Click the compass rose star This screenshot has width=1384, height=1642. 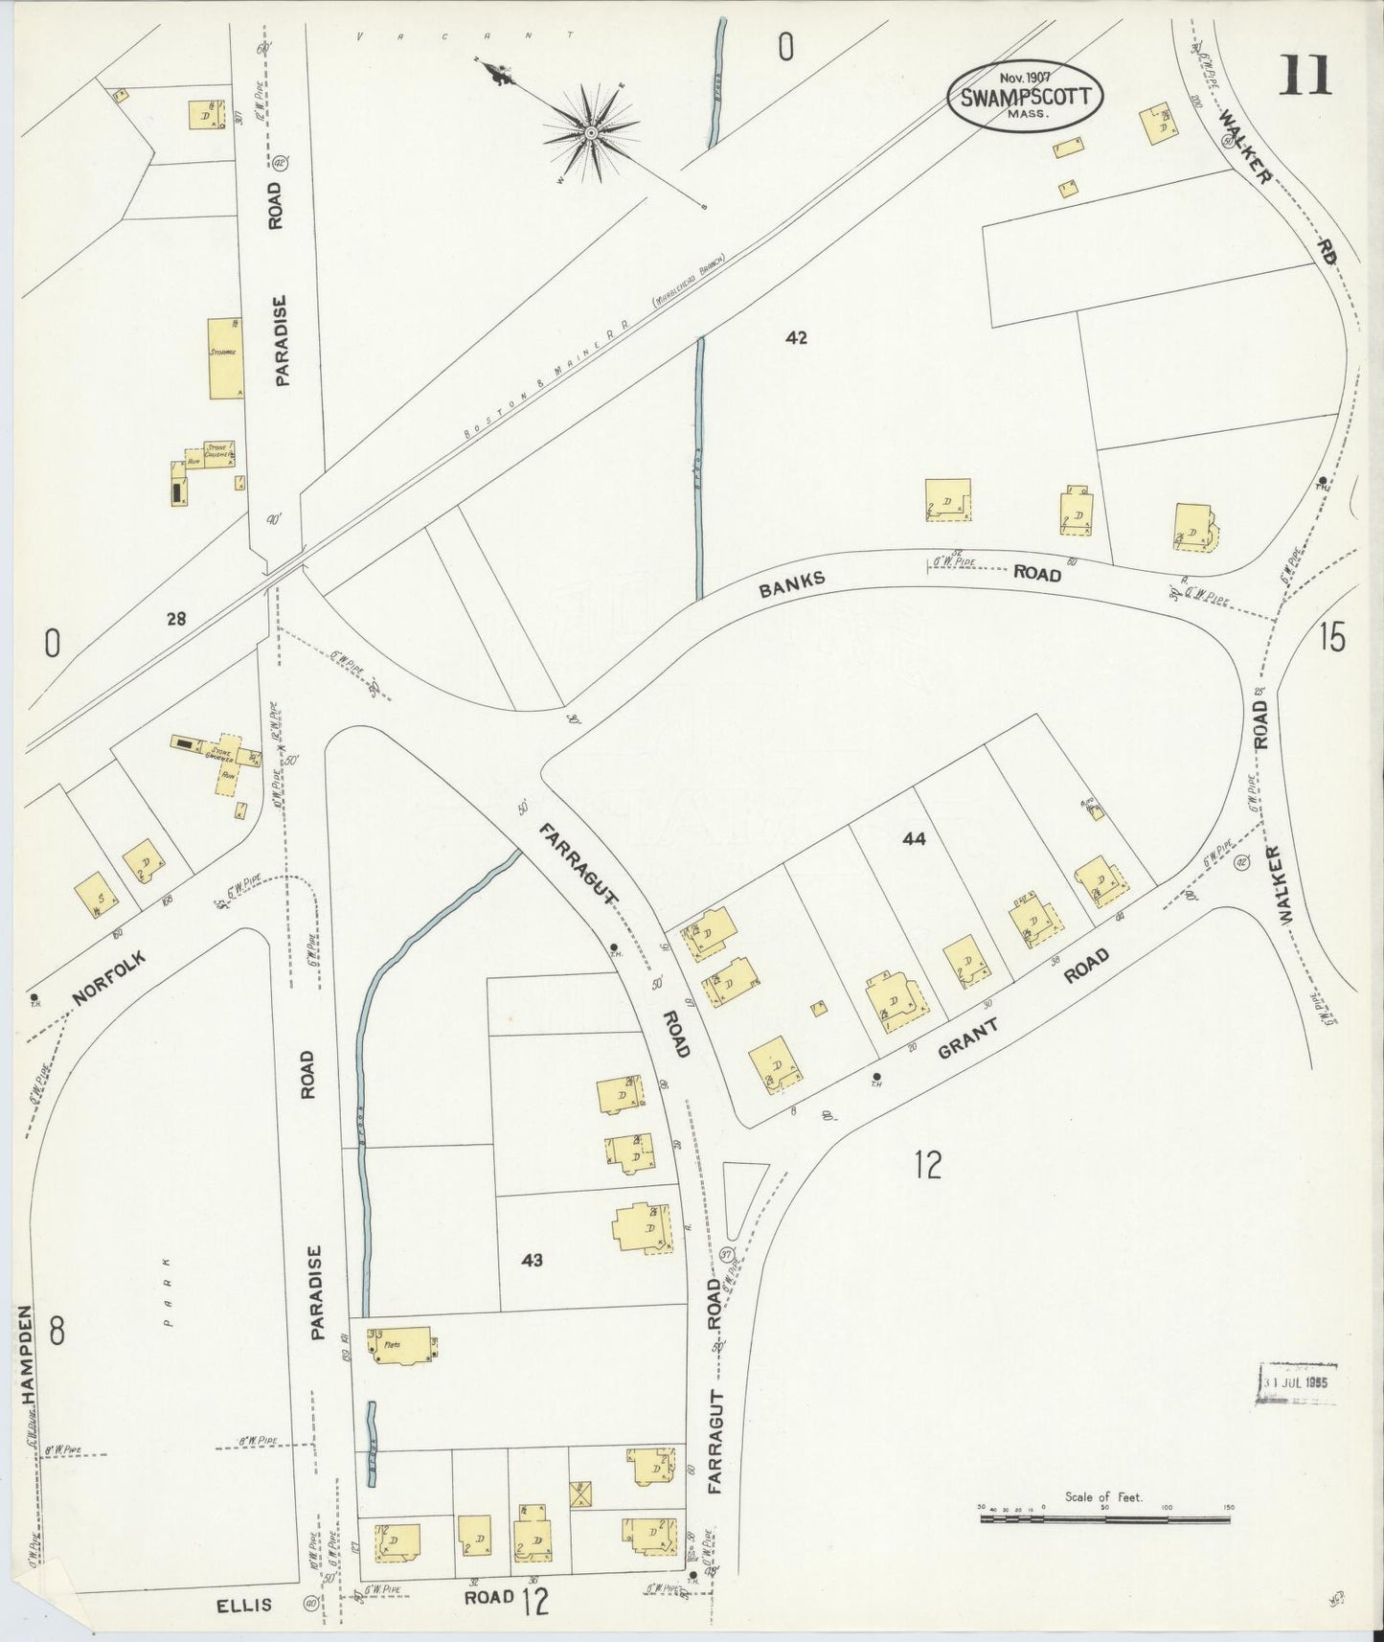(x=591, y=132)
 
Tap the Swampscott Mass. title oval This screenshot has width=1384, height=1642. (x=1026, y=98)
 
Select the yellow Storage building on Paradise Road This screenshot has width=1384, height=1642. (x=225, y=358)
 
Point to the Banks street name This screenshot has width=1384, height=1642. (x=791, y=584)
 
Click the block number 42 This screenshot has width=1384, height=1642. (x=796, y=337)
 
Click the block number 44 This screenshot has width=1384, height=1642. (x=914, y=838)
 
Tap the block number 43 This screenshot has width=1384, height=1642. (x=532, y=1260)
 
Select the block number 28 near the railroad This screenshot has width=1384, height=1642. (x=175, y=619)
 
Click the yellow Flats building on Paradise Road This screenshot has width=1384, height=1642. (x=399, y=1344)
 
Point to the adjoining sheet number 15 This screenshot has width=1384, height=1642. (x=1331, y=637)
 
